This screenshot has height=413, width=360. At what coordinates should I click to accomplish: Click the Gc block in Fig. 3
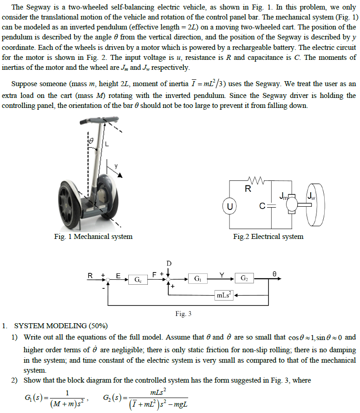tap(137, 280)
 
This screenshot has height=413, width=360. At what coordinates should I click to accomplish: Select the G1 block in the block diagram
tap(198, 277)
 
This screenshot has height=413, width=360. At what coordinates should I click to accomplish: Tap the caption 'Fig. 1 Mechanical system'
tap(93, 237)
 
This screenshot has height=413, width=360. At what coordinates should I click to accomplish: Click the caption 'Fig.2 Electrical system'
tap(268, 237)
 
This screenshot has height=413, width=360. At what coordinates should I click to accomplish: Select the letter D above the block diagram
tap(169, 263)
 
